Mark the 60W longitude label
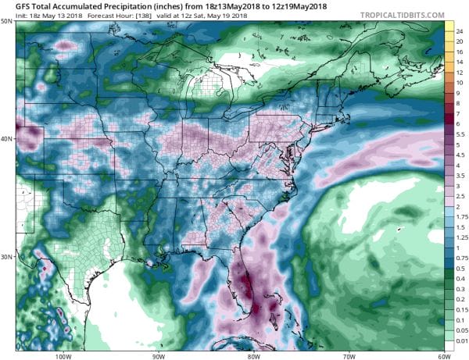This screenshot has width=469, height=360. click(443, 355)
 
